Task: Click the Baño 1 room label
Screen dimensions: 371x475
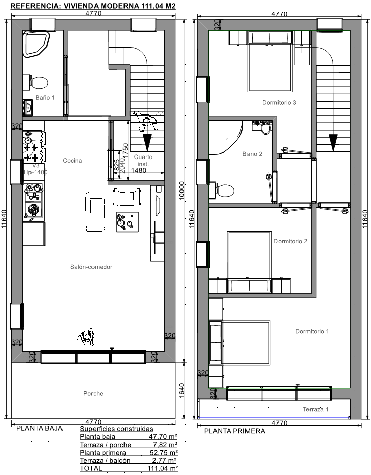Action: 45,97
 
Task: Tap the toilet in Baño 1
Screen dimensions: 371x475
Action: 37,82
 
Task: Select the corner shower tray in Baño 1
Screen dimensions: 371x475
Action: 36,45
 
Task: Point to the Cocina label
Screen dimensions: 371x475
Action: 72,160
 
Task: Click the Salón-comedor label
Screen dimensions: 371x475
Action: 91,267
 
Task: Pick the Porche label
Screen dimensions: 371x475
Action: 93,393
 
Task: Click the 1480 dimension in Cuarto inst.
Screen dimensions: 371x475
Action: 139,170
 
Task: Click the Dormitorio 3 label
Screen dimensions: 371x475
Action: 279,103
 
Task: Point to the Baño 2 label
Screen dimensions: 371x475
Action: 252,154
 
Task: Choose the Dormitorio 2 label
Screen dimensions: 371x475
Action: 290,241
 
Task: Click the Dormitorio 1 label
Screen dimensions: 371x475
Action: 312,331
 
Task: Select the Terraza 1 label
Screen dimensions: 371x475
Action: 316,409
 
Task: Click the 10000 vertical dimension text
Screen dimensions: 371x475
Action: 181,191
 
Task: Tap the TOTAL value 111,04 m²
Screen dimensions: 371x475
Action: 163,468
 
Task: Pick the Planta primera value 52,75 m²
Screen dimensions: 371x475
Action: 163,453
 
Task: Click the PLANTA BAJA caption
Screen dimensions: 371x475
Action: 39,428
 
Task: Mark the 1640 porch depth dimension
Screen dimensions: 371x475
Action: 181,391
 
